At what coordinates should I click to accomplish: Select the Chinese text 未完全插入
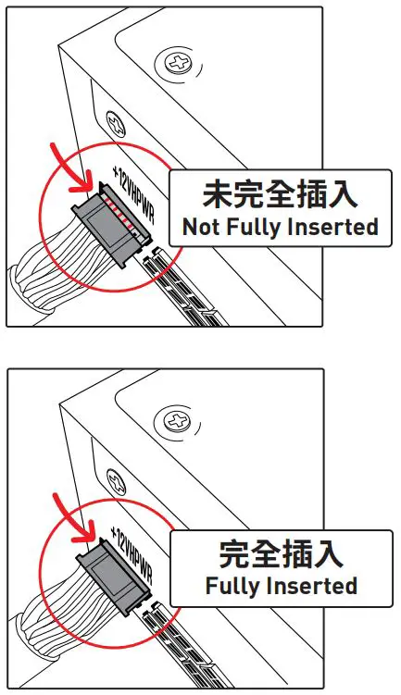[x=281, y=195]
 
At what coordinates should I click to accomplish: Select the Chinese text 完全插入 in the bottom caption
[x=281, y=554]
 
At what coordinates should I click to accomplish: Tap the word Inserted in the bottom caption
[x=311, y=587]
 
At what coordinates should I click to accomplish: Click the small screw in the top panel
[x=117, y=120]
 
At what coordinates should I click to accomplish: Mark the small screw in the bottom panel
[x=117, y=481]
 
